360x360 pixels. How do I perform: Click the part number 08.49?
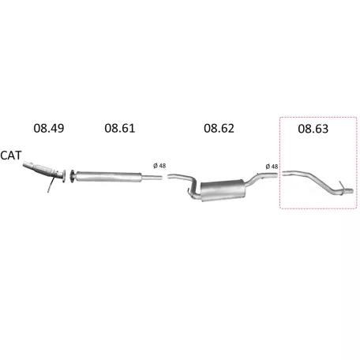49,128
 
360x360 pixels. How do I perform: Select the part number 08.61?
120,128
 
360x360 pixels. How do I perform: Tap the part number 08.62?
219,128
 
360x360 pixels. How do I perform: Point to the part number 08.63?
313,129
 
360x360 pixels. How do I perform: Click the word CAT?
11,156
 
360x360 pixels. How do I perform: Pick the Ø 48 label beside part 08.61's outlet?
159,166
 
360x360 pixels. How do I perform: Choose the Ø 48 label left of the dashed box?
272,167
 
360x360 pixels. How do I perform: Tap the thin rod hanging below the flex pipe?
51,185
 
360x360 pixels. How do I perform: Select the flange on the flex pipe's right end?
62,176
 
